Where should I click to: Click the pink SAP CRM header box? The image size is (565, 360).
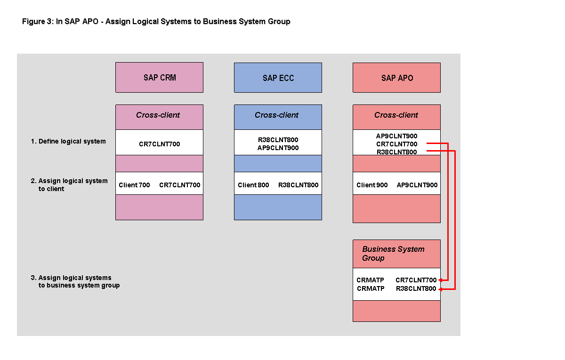coord(159,78)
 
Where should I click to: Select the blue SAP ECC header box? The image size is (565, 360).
coord(278,78)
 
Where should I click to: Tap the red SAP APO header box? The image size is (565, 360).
coord(396,78)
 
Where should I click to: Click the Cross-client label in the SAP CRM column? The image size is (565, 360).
coord(158,115)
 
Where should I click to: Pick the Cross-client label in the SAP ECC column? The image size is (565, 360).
coord(276,115)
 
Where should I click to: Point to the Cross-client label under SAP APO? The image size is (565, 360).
coord(396,115)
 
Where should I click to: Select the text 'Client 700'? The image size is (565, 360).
coord(134,185)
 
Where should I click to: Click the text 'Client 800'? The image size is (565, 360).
coord(253,185)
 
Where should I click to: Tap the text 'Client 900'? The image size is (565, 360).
coord(372,185)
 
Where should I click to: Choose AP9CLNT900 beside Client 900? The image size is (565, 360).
coord(417,185)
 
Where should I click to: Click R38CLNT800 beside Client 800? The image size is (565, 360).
coord(298,185)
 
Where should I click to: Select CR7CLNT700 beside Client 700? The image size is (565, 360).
coord(179,185)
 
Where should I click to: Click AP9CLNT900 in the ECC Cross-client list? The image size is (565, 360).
coord(278,148)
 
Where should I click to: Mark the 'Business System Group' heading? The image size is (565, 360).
coord(393,254)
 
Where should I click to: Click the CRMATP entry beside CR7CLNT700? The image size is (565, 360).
coord(370,280)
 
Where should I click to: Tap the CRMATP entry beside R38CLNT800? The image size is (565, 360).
coord(371,289)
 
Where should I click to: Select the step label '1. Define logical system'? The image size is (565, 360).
coord(68,141)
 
